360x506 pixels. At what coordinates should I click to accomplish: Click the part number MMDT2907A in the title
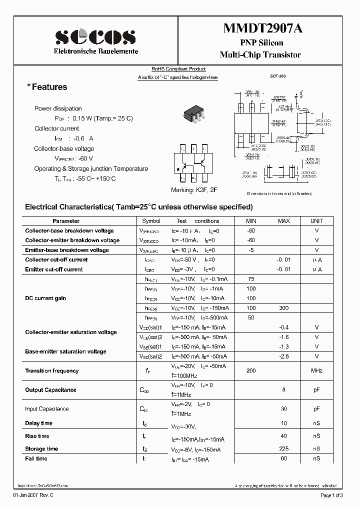tap(259, 29)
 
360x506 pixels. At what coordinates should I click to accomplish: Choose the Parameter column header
tap(66, 221)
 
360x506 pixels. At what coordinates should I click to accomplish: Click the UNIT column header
tap(316, 221)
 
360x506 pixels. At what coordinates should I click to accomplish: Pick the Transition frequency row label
tap(52, 371)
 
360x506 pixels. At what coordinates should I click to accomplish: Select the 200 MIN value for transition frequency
tap(251, 371)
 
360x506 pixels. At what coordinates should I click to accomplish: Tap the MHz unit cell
tap(316, 371)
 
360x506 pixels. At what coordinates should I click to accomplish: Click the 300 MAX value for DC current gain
tap(283, 308)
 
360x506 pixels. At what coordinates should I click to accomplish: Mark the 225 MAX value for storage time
tap(283, 449)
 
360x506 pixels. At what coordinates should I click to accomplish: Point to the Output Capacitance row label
tap(50, 390)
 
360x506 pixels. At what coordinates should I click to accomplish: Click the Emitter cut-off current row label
tap(54, 269)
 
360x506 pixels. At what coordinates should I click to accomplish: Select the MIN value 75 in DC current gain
tap(251, 279)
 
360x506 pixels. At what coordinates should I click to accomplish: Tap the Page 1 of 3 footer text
tap(331, 495)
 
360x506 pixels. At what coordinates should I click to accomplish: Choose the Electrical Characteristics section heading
tap(138, 207)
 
